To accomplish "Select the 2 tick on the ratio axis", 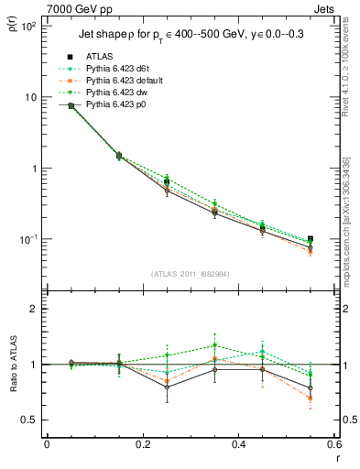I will coord(36,309).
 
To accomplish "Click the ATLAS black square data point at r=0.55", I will coord(311,239).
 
